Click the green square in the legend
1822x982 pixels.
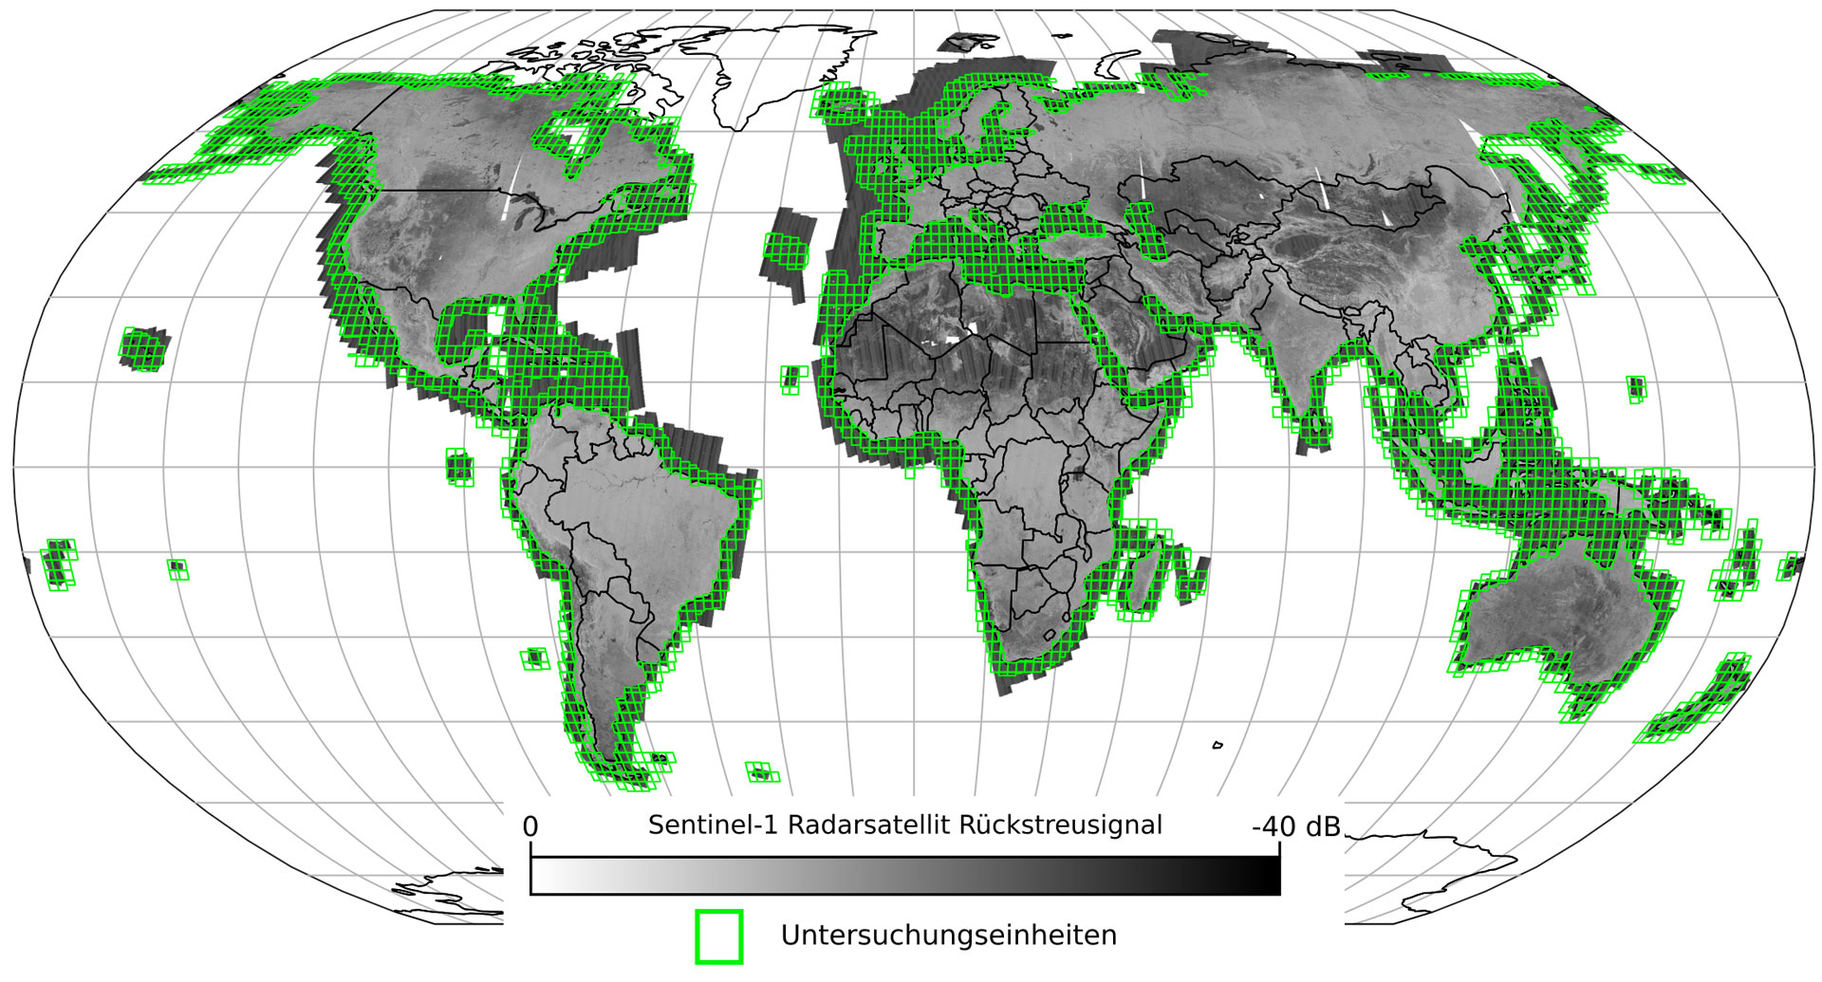pos(718,936)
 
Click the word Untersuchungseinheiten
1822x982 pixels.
pos(948,936)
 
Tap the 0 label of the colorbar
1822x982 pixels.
pos(530,827)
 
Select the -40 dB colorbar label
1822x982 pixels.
pos(1295,827)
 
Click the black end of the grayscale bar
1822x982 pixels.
pos(1267,876)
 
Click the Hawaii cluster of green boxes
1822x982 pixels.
pos(144,347)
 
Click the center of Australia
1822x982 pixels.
pos(1556,607)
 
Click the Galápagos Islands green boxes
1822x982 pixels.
pos(459,467)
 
